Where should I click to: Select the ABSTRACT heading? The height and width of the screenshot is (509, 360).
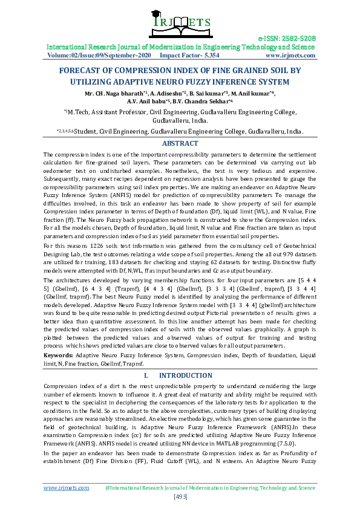coord(180,143)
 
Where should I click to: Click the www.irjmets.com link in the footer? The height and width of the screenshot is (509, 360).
coord(63,487)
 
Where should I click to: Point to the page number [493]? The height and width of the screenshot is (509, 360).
coord(180,497)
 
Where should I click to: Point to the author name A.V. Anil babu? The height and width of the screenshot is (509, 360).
coord(148,102)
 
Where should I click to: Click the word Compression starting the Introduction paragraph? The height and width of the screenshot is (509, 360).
coord(61,386)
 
